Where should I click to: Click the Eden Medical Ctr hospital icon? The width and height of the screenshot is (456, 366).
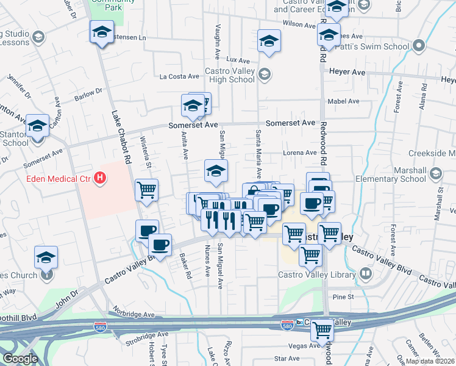coord(101,179)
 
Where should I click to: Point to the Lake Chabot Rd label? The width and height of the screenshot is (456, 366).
coord(120,139)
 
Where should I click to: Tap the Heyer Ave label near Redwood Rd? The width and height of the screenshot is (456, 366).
coord(347,72)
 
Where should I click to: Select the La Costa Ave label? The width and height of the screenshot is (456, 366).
coord(179,76)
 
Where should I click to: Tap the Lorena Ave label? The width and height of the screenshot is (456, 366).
coord(300,152)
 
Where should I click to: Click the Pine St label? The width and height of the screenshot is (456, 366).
coord(343,296)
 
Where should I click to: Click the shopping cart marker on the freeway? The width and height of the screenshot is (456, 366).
coord(322,331)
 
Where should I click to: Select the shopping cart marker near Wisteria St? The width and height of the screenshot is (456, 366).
coord(146,190)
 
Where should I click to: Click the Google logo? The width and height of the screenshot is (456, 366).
coord(20,359)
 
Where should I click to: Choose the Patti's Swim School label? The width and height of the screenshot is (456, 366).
coord(380,46)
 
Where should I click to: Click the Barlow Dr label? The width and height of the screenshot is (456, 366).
coord(89,94)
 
